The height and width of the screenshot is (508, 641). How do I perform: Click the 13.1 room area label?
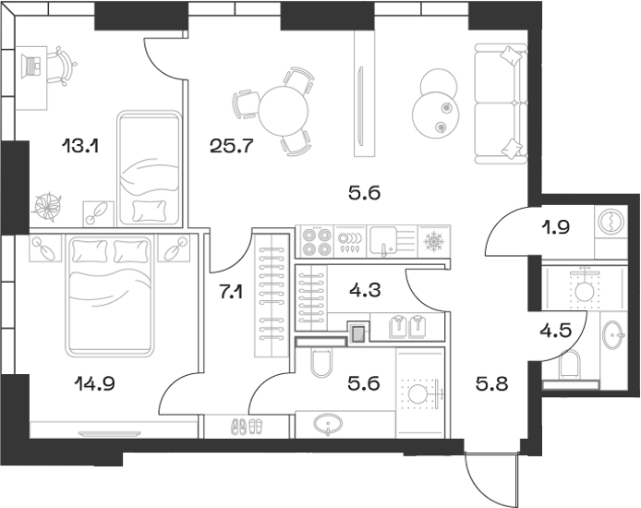(x=80, y=145)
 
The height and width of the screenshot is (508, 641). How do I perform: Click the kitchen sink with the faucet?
(x=384, y=242)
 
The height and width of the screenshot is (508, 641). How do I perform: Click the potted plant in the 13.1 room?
(x=48, y=205)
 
